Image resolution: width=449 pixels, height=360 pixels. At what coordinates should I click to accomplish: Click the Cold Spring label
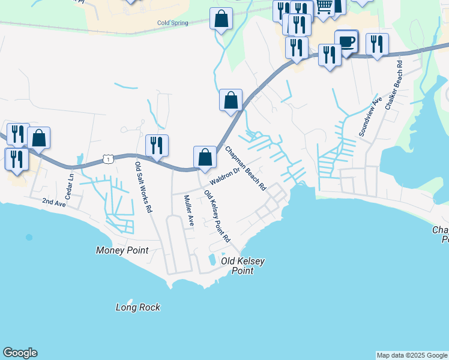coord(172,23)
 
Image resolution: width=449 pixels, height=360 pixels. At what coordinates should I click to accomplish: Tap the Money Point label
coord(121,250)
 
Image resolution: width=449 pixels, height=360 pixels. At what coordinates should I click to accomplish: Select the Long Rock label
coord(138,307)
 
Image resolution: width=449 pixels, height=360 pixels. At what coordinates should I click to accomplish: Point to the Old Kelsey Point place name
coord(243,266)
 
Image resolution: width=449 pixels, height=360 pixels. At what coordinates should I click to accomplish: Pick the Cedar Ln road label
coord(70,185)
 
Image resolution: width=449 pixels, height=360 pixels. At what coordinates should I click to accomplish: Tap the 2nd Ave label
coord(53,203)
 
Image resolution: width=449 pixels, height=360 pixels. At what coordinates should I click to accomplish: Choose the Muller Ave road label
coord(189,210)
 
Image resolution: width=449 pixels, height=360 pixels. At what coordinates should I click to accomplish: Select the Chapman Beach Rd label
coord(246,169)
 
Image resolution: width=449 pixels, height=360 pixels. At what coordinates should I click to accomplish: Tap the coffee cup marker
coord(346,42)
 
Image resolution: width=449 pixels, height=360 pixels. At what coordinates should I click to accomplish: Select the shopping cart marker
coord(324,7)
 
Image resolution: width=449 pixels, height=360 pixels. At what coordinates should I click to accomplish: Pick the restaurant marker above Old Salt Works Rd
coord(157,145)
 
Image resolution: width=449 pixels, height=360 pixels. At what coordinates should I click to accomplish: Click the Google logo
coord(20,353)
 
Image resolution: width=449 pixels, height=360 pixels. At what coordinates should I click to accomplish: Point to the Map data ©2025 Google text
coord(412,355)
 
